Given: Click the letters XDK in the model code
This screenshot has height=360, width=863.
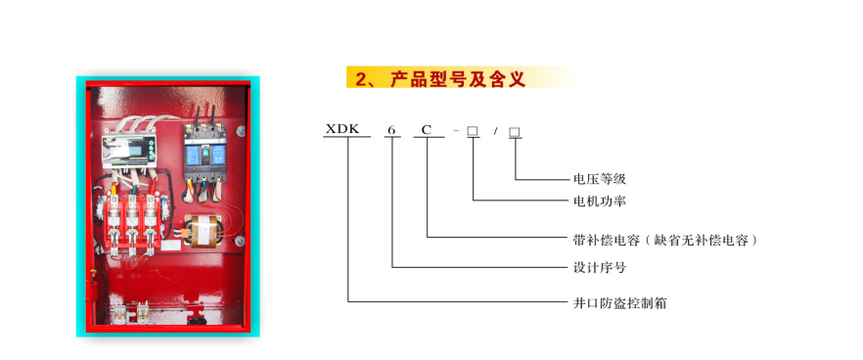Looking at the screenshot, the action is (x=341, y=129).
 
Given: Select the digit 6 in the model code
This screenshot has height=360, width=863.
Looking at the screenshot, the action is (x=391, y=130).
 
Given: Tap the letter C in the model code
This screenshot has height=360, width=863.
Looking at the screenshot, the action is (x=426, y=130).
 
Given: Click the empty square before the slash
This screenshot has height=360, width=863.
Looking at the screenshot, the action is (x=473, y=131).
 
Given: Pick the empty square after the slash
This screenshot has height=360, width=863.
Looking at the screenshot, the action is (x=515, y=131).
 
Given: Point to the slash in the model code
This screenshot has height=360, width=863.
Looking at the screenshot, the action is (x=495, y=131).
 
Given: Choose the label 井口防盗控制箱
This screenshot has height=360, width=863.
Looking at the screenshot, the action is (x=619, y=302).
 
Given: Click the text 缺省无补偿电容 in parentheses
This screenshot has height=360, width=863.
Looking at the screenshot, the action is (x=702, y=240).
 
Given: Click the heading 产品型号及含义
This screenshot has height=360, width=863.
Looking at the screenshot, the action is (x=459, y=78).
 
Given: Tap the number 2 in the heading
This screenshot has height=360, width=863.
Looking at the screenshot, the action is (x=361, y=79).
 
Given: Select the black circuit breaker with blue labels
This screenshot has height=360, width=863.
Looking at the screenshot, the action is (x=204, y=154).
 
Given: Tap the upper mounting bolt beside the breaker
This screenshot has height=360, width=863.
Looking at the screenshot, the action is (x=241, y=130).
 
